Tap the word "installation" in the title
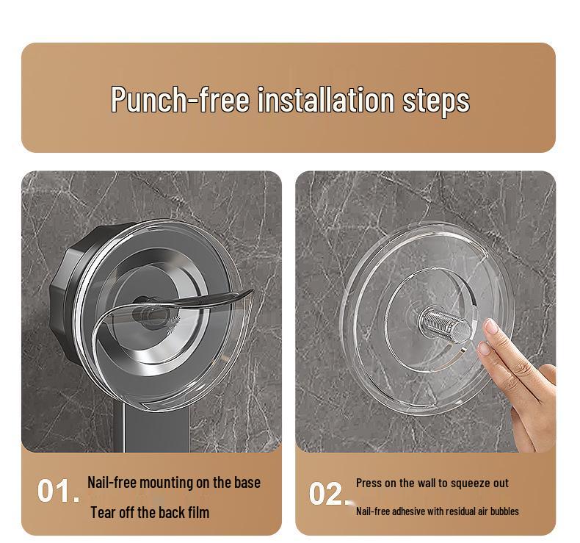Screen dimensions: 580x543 click(325, 99)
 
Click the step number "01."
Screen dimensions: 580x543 click(59, 491)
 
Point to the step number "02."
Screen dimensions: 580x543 click(329, 494)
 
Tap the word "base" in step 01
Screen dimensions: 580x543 click(247, 483)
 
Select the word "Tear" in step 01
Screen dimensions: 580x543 click(103, 513)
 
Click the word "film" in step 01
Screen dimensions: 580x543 click(198, 513)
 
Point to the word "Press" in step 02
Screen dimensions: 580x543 click(369, 483)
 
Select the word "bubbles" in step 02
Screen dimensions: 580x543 click(504, 511)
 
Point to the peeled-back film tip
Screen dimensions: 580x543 click(251, 291)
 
